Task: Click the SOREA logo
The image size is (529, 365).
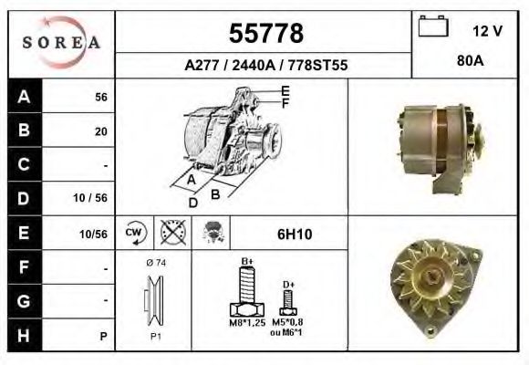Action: point(60,43)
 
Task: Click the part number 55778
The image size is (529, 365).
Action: point(264,34)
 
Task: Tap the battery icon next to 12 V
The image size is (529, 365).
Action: point(430,28)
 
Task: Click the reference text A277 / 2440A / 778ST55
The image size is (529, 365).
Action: point(264,66)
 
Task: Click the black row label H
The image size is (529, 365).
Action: point(22,336)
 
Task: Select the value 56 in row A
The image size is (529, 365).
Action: point(101,98)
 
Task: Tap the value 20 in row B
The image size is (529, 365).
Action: point(101,131)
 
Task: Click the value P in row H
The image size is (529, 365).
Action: point(104,337)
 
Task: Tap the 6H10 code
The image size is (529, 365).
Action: point(294,235)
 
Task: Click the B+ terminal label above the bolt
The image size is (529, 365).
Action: point(246,262)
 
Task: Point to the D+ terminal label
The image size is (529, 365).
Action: point(288,285)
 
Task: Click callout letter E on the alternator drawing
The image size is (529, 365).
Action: point(285,89)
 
